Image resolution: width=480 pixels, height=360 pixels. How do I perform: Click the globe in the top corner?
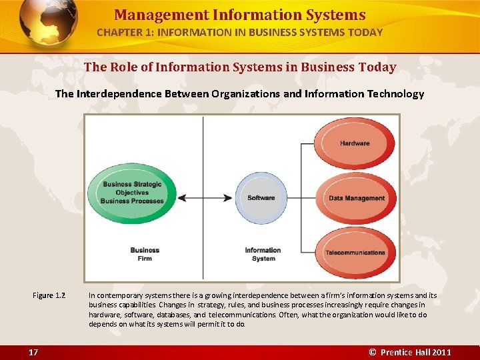[47, 23]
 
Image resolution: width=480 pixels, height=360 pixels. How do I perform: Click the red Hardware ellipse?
[354, 143]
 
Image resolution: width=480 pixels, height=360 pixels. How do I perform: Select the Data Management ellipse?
[357, 198]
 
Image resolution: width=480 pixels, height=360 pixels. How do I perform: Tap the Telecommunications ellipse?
[355, 253]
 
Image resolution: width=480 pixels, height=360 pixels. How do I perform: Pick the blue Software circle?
[261, 198]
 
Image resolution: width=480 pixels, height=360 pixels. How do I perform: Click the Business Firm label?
[145, 255]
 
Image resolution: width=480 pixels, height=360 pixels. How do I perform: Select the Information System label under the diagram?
[263, 255]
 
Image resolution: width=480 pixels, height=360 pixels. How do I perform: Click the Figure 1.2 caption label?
[49, 295]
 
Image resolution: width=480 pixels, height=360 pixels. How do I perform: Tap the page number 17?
[33, 352]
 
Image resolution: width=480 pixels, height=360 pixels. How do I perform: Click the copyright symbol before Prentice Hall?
[373, 352]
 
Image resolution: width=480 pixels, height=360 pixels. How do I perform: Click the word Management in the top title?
[151, 15]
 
